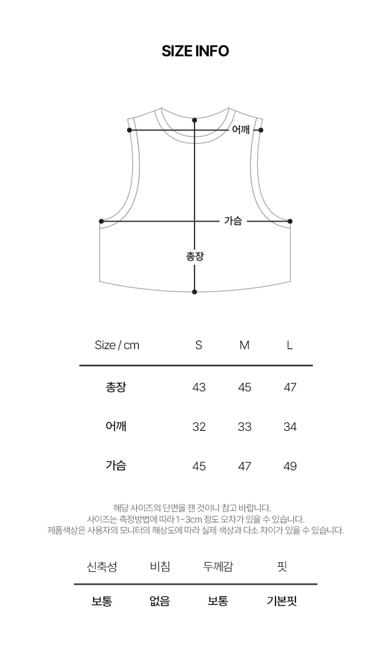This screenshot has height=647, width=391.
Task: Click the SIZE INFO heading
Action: (195, 51)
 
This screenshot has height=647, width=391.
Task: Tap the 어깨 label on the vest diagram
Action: (241, 130)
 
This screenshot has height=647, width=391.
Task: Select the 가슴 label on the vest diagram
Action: (233, 221)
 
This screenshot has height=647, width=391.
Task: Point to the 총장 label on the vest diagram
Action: (195, 256)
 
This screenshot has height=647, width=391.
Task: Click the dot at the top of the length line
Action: (195, 120)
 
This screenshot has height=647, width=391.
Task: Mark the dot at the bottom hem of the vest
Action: (195, 292)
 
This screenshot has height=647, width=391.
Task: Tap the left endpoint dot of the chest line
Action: (101, 221)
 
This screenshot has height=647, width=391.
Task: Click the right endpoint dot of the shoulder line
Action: (261, 130)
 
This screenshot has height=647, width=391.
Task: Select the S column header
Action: (198, 345)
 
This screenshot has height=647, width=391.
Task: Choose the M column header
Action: (244, 345)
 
